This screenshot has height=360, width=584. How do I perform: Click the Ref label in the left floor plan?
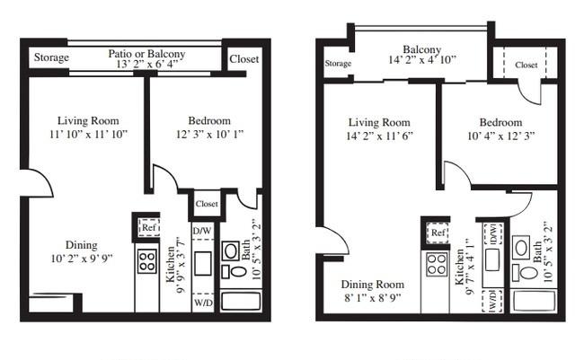click(x=148, y=227)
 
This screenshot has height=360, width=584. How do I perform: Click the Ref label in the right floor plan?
click(x=438, y=233)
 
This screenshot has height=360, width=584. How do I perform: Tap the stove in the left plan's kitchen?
click(x=146, y=261)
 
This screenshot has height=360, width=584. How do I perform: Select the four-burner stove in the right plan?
click(x=436, y=265)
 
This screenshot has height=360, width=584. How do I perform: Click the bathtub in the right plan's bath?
click(x=534, y=301)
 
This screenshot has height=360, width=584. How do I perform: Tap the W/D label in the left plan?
click(x=203, y=303)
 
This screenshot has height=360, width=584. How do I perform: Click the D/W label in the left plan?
click(x=202, y=231)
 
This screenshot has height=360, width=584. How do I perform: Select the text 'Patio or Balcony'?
click(x=146, y=54)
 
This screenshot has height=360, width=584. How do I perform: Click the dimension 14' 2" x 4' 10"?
click(x=422, y=59)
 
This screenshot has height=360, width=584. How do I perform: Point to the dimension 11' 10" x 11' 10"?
click(x=89, y=134)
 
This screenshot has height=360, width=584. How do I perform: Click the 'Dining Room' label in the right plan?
click(x=373, y=285)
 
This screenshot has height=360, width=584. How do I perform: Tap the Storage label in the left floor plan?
click(x=51, y=57)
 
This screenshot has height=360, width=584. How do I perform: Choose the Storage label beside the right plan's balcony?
click(x=338, y=63)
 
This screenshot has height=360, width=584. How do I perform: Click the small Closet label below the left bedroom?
click(x=207, y=204)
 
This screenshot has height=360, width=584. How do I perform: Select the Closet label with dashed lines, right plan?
click(x=526, y=65)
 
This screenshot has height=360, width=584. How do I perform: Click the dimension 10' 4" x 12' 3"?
click(x=501, y=136)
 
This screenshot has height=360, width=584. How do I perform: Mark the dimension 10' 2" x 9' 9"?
click(x=82, y=259)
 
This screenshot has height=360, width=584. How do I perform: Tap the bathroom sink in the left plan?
click(x=231, y=250)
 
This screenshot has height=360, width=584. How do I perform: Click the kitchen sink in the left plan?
click(x=203, y=264)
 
